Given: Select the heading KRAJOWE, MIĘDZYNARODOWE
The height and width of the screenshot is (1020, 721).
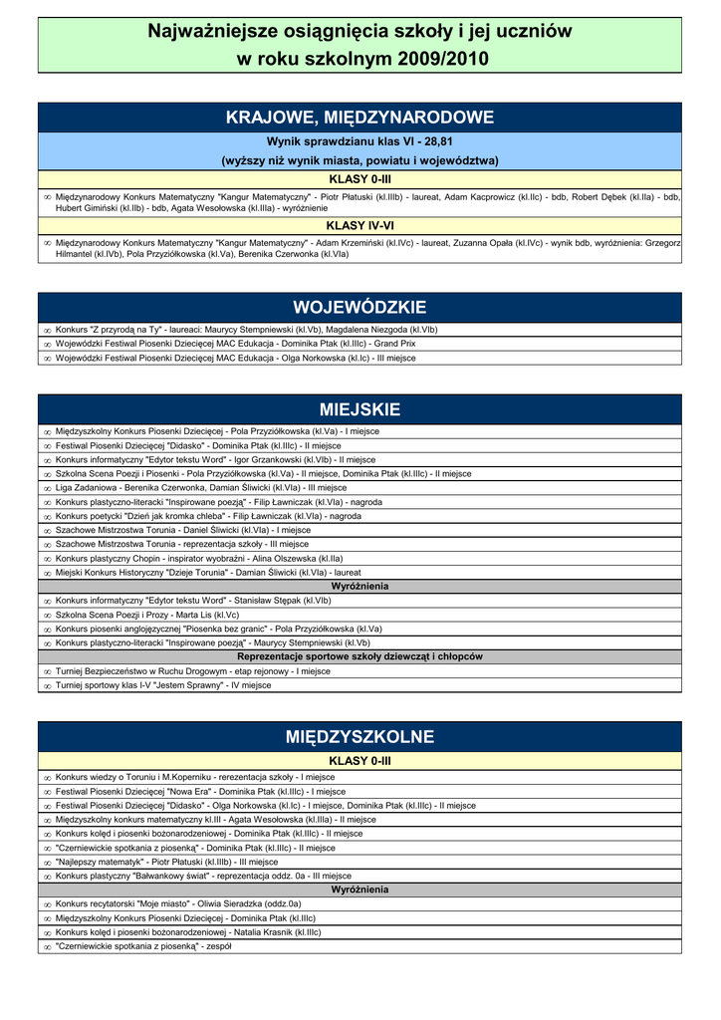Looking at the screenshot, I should [x=360, y=118].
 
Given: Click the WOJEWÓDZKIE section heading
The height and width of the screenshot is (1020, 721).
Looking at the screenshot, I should [x=360, y=307].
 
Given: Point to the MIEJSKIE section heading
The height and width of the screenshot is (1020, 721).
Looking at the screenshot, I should [x=360, y=409].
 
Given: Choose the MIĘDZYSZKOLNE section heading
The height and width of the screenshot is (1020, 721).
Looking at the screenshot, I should [x=360, y=737].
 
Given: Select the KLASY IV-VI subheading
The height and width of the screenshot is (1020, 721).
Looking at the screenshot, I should [x=360, y=226].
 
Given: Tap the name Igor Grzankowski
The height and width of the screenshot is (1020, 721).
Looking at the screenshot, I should [x=268, y=460].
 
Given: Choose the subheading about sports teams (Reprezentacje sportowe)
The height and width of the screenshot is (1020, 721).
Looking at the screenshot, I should [x=360, y=657].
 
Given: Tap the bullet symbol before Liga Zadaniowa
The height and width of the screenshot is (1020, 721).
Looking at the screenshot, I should [x=47, y=489].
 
